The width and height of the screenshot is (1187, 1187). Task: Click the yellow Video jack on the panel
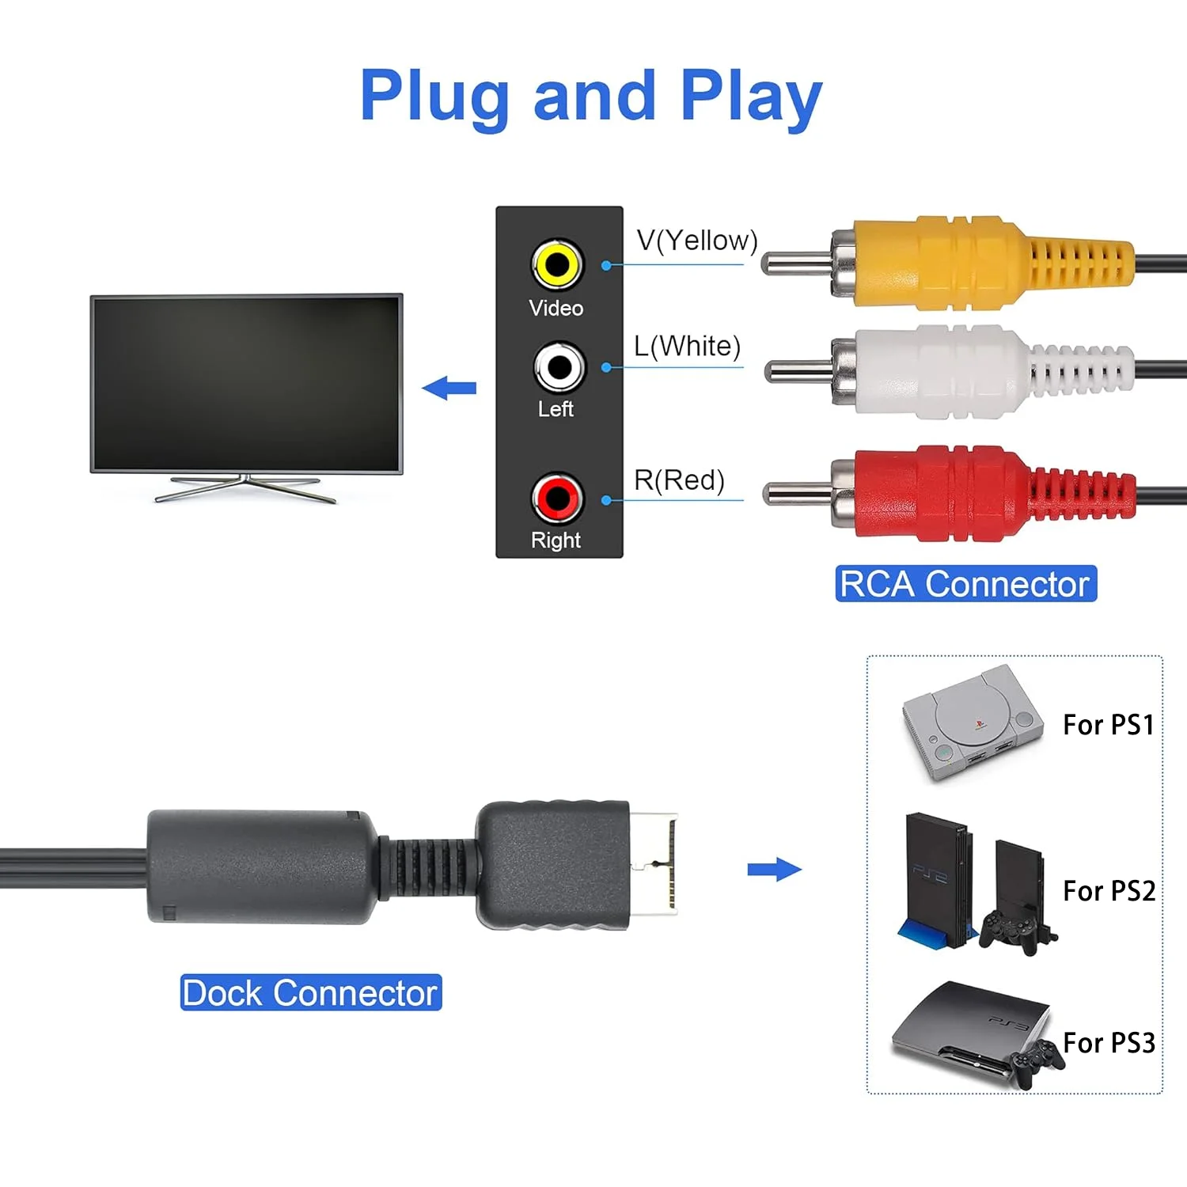[x=556, y=264]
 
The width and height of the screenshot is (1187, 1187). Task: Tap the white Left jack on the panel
[x=559, y=367]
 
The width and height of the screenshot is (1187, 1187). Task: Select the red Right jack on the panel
[x=557, y=499]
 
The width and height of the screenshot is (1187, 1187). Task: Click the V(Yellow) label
[x=696, y=241]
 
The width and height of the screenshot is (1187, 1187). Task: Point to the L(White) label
[x=687, y=347]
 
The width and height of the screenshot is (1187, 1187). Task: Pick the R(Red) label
[x=679, y=480]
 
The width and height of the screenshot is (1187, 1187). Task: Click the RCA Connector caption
[x=965, y=584]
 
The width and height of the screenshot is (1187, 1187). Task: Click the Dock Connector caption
[x=310, y=993]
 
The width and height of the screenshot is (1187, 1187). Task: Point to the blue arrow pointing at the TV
[x=449, y=388]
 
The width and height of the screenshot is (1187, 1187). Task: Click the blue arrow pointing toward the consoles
[x=774, y=870]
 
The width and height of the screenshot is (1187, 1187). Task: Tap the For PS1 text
[x=1108, y=725]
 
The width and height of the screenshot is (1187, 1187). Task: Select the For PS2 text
[x=1108, y=891]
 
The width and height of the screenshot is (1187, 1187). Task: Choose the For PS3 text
[x=1108, y=1043]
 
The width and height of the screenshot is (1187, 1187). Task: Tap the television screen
[x=246, y=385]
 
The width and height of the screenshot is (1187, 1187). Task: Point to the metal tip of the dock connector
[x=654, y=864]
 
